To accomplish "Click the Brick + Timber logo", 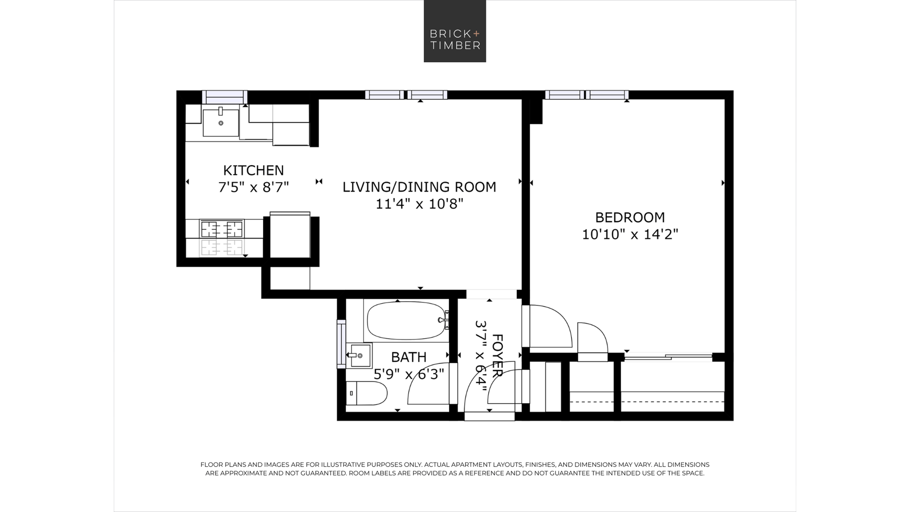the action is pyautogui.click(x=455, y=31).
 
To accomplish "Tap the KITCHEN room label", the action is pyautogui.click(x=253, y=170).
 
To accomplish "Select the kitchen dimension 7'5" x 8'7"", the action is pyautogui.click(x=253, y=187).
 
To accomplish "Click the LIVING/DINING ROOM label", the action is pyautogui.click(x=419, y=187).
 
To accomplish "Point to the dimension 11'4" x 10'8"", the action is pyautogui.click(x=419, y=203).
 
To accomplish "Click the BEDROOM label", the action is pyautogui.click(x=630, y=217).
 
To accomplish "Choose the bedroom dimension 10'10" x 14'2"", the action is pyautogui.click(x=630, y=234).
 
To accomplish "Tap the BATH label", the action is pyautogui.click(x=409, y=357).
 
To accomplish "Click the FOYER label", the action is pyautogui.click(x=497, y=355).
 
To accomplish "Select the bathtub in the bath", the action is pyautogui.click(x=406, y=320).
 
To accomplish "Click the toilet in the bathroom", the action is pyautogui.click(x=367, y=393).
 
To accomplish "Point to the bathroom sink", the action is pyautogui.click(x=359, y=355).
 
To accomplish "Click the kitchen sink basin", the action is pyautogui.click(x=221, y=122).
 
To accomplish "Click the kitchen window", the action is pyautogui.click(x=224, y=97).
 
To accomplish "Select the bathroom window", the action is pyautogui.click(x=341, y=344).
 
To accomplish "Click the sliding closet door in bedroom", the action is pyautogui.click(x=668, y=357).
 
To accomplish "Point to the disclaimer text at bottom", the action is pyautogui.click(x=455, y=469).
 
